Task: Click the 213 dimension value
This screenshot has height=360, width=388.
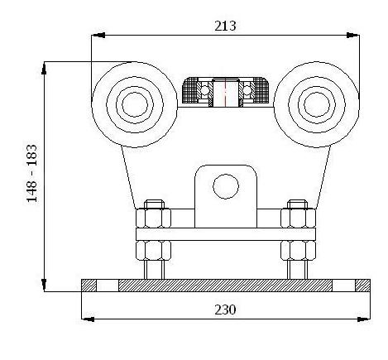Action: tap(225, 26)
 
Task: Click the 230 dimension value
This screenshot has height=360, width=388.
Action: tap(225, 310)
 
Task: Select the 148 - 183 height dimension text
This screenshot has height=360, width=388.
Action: tap(31, 173)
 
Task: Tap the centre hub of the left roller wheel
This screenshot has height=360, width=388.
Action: tap(135, 105)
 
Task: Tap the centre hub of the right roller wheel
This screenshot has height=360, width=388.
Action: tap(317, 105)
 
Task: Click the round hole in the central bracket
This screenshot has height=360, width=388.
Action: tap(226, 186)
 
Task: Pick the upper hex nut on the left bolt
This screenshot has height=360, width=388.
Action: tap(153, 218)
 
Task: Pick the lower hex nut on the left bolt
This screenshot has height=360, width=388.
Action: tap(153, 250)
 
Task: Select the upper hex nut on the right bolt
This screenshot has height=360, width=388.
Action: tap(298, 218)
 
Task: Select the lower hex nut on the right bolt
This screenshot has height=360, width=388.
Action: tap(298, 250)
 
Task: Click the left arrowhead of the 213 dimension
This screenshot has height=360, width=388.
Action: tap(98, 35)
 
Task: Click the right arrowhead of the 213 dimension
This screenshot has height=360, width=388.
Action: tap(352, 35)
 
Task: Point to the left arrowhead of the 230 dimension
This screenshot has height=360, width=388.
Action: tap(89, 319)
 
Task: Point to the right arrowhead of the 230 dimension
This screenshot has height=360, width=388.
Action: tap(364, 319)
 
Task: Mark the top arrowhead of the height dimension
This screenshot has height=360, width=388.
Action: tap(44, 68)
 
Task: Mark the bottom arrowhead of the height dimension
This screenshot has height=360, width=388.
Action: tap(44, 285)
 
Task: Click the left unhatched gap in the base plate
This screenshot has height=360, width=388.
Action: tap(108, 286)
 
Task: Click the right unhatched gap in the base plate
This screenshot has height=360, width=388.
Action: tap(343, 286)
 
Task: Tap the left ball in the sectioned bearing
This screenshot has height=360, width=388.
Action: tap(204, 89)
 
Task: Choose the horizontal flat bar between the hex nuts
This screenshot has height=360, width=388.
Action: tap(226, 234)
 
